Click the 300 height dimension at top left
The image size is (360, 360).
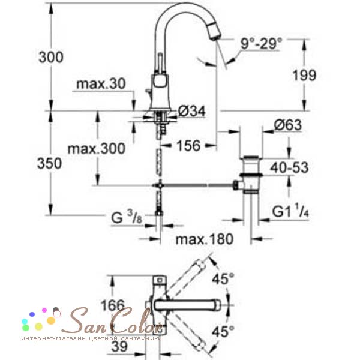click(51, 57)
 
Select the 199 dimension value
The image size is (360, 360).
click(304, 75)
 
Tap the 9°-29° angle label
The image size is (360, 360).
click(261, 43)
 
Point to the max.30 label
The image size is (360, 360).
click(101, 84)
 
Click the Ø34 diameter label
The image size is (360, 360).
click(192, 112)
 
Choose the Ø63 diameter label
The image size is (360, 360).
click(288, 125)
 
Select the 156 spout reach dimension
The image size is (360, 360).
click(188, 146)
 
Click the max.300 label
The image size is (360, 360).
click(97, 149)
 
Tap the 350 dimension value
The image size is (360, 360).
click(50, 163)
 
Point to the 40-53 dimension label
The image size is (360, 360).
click(289, 167)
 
